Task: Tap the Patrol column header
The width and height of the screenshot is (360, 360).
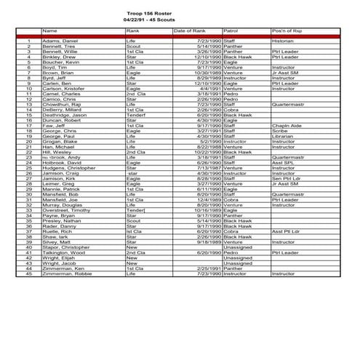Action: (231, 31)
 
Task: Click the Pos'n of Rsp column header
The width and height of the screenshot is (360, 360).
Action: (287, 31)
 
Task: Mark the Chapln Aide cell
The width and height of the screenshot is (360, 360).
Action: (286, 125)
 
